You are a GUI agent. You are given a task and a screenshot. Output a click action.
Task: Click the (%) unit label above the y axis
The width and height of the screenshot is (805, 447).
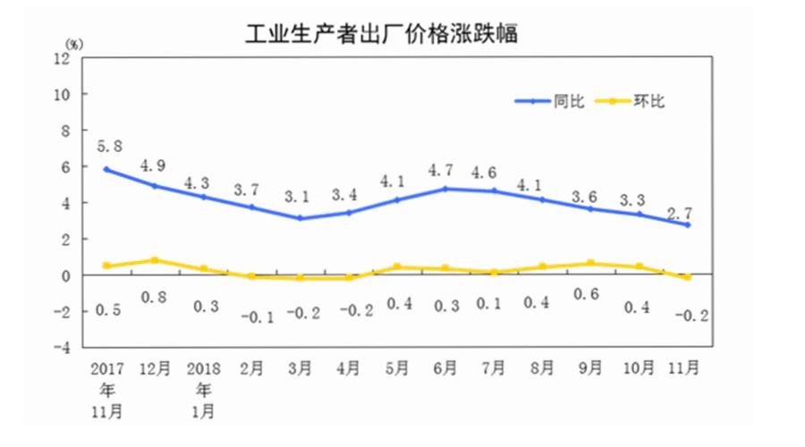74,42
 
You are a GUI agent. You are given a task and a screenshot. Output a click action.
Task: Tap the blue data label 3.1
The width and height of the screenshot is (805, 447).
300,196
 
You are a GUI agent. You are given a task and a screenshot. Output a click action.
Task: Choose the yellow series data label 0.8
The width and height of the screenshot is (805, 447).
156,298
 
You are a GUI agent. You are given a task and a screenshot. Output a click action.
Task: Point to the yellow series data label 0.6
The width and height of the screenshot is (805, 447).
590,298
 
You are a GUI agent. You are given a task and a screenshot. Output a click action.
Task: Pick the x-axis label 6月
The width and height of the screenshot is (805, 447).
445,368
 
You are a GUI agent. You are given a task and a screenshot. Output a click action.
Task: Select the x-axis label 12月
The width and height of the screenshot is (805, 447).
155,368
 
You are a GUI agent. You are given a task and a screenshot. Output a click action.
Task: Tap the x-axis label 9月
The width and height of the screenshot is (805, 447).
590,368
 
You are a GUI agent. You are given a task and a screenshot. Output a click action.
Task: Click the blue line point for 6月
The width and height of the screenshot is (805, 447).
445,189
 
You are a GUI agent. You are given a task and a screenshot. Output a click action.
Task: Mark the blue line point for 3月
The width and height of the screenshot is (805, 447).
301,218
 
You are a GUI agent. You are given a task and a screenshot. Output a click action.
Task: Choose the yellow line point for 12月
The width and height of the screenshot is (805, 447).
156,260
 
